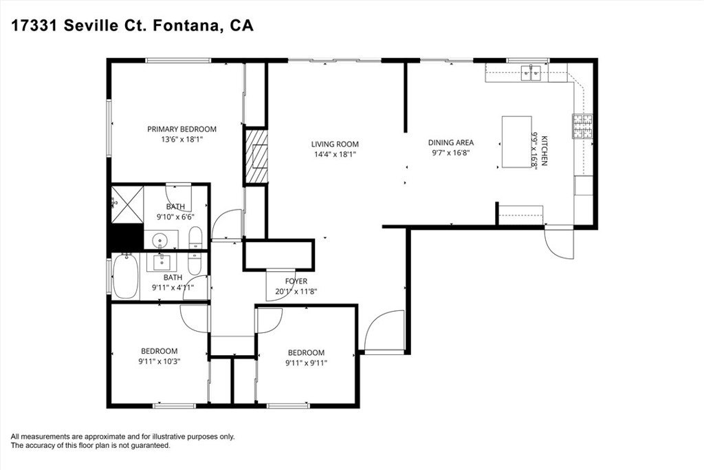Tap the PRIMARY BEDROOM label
click(x=182, y=129)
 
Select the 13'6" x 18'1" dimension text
click(x=182, y=139)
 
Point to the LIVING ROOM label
click(x=335, y=144)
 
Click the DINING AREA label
click(x=451, y=142)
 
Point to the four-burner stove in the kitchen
click(x=583, y=126)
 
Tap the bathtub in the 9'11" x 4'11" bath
click(x=125, y=276)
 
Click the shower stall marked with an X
click(x=126, y=203)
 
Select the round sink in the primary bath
click(x=161, y=240)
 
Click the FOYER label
click(x=296, y=281)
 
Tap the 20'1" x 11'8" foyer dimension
click(x=296, y=291)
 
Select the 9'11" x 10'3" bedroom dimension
click(x=159, y=360)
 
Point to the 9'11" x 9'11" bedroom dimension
click(x=306, y=363)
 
